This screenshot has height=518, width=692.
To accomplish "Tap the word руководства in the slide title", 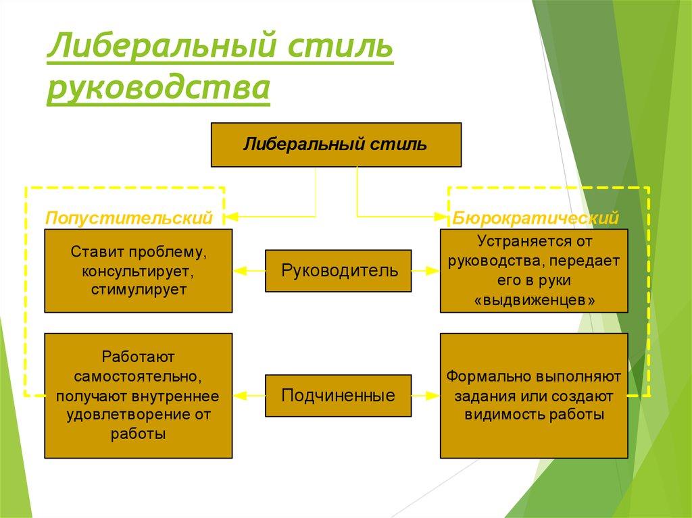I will [159, 90].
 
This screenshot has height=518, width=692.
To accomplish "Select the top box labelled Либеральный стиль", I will [336, 145].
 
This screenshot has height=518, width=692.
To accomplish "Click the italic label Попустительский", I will [129, 217].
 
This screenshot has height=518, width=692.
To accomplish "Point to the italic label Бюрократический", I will [535, 217].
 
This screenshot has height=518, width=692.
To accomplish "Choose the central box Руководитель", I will [337, 271].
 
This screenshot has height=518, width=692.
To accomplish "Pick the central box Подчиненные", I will [337, 394].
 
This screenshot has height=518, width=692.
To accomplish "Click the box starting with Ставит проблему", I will [139, 271].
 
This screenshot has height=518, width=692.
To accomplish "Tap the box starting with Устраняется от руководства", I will [534, 271].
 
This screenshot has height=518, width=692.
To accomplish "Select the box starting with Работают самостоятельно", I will [139, 394].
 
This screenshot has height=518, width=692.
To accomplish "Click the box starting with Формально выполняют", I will [534, 394].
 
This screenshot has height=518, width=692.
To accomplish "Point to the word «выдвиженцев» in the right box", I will [534, 301].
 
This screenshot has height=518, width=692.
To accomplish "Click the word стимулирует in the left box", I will [139, 289].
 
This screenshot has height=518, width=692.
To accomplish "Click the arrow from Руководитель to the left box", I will [249, 271].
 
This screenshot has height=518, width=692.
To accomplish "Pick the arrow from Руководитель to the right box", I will [426, 271].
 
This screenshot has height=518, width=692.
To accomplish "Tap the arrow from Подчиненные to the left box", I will [249, 394].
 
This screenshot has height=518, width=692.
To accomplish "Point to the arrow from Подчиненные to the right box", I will [426, 394].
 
